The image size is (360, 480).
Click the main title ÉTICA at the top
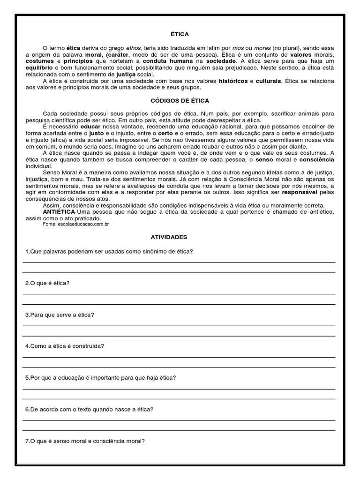click(180, 34)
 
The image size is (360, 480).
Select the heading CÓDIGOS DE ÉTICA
click(180, 101)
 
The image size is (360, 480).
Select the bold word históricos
click(233, 81)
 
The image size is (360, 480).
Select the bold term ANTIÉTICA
click(59, 212)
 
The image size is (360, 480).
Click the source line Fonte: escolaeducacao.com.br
click(75, 225)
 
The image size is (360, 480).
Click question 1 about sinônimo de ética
click(109, 252)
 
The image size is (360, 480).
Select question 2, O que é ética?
click(47, 284)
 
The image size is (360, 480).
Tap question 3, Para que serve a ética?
click(60, 315)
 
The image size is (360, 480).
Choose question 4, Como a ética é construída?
click(64, 346)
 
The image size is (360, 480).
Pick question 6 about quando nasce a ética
click(89, 409)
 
